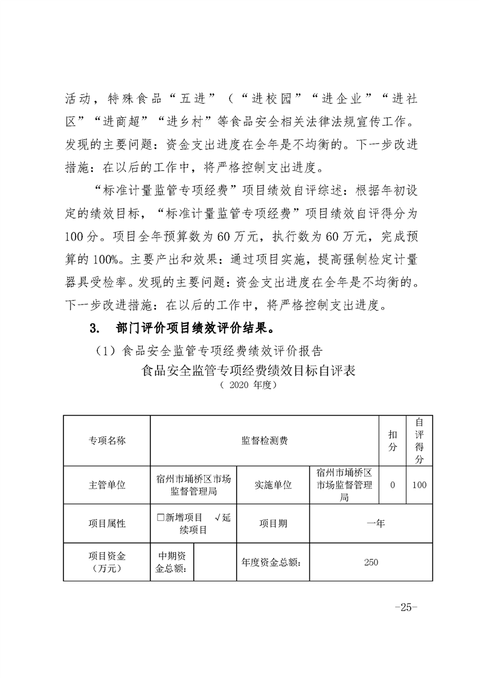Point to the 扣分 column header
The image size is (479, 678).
393,441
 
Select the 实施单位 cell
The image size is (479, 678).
272,485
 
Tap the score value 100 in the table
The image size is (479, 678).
419,485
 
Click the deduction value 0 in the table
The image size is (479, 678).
393,485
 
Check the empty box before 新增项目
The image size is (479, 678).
160,518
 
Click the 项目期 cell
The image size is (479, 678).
273,523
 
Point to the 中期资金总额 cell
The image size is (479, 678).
172,562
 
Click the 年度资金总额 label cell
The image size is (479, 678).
272,562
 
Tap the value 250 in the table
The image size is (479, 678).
371,562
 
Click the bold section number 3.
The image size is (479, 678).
93,329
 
